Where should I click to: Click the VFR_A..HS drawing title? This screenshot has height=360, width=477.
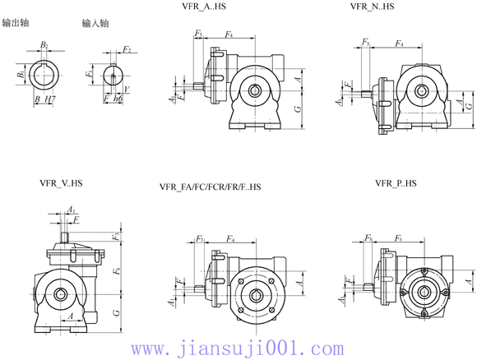click(209, 8)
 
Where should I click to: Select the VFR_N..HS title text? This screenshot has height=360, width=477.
click(372, 7)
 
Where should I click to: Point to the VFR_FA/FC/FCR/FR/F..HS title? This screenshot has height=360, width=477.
click(210, 187)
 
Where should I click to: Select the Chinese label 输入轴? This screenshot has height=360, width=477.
click(96, 25)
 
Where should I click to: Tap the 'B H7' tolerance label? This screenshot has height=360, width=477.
click(45, 99)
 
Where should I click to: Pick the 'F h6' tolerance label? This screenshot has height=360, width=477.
click(113, 99)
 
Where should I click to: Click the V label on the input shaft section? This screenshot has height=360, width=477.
click(126, 86)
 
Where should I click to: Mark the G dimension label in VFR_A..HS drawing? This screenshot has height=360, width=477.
click(295, 108)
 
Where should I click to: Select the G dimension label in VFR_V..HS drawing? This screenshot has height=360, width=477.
click(116, 312)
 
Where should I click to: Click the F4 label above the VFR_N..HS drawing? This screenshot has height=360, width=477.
click(400, 43)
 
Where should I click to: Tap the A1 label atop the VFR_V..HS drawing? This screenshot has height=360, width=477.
click(72, 210)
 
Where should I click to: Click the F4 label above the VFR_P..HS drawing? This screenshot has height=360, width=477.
click(398, 238)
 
